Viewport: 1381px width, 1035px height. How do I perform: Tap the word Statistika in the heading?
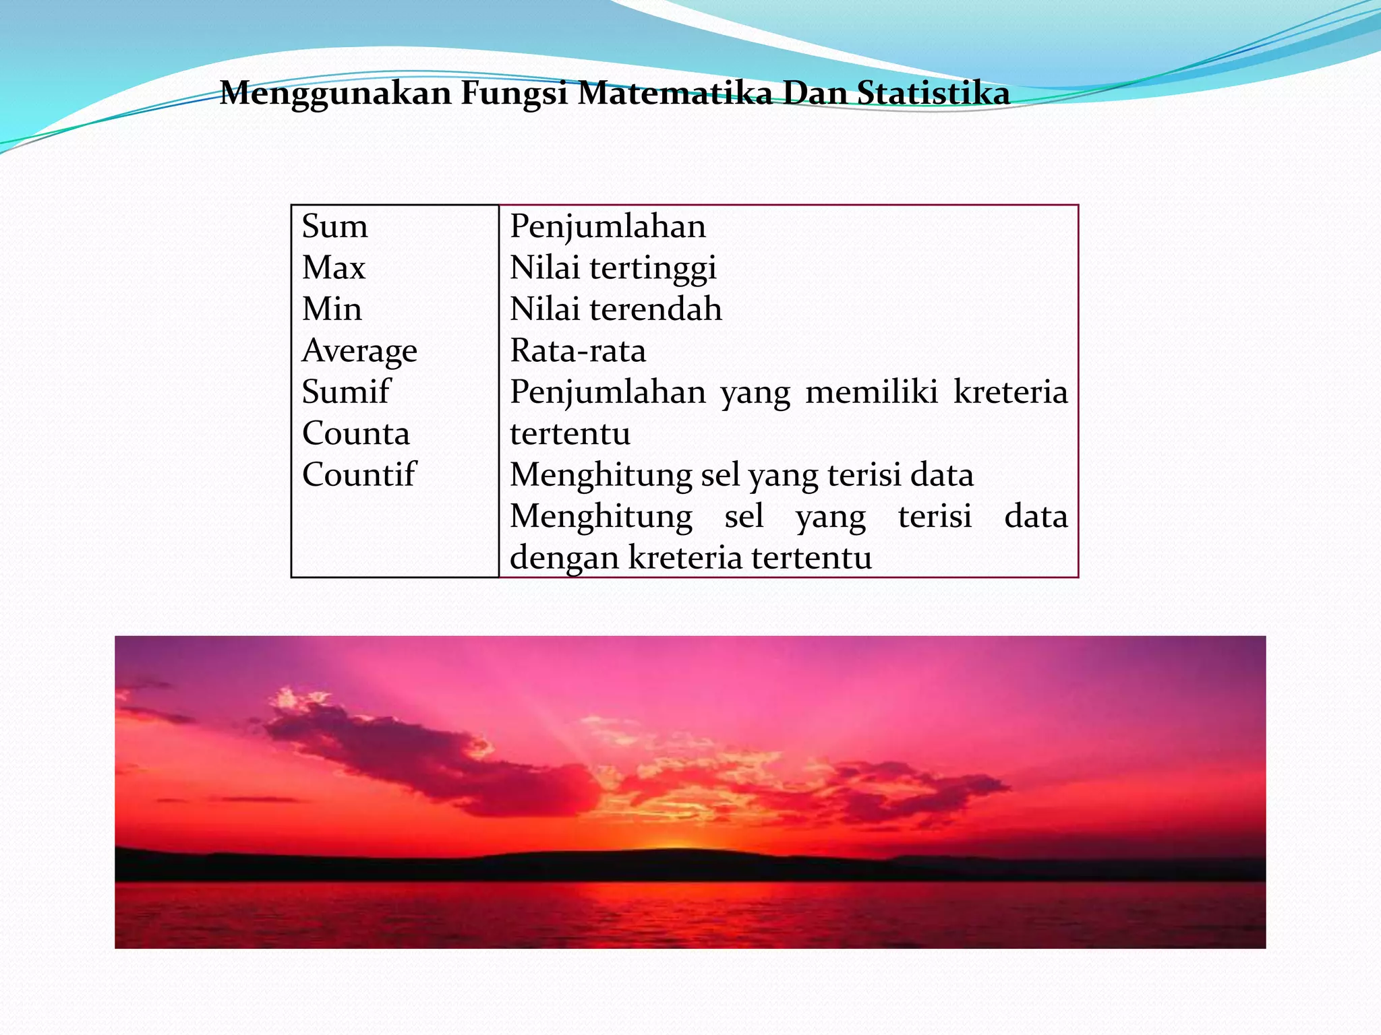pyautogui.click(x=933, y=93)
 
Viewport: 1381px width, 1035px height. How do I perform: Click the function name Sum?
pyautogui.click(x=334, y=226)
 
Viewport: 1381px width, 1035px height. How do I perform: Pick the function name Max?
pyautogui.click(x=333, y=268)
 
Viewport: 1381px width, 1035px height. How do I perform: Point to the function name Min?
pyautogui.click(x=332, y=309)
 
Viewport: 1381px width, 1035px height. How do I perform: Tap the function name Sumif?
pyautogui.click(x=345, y=392)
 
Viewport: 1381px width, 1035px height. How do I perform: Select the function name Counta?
pyautogui.click(x=355, y=434)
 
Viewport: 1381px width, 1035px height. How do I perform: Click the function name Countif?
pyautogui.click(x=359, y=475)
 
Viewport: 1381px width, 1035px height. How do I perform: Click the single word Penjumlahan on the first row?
pyautogui.click(x=608, y=227)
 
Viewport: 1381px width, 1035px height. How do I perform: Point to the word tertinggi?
pyautogui.click(x=653, y=269)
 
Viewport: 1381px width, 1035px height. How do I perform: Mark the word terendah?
pyautogui.click(x=655, y=309)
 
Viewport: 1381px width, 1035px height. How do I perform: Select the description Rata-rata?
pyautogui.click(x=578, y=351)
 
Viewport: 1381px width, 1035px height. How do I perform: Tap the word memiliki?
pyautogui.click(x=871, y=392)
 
